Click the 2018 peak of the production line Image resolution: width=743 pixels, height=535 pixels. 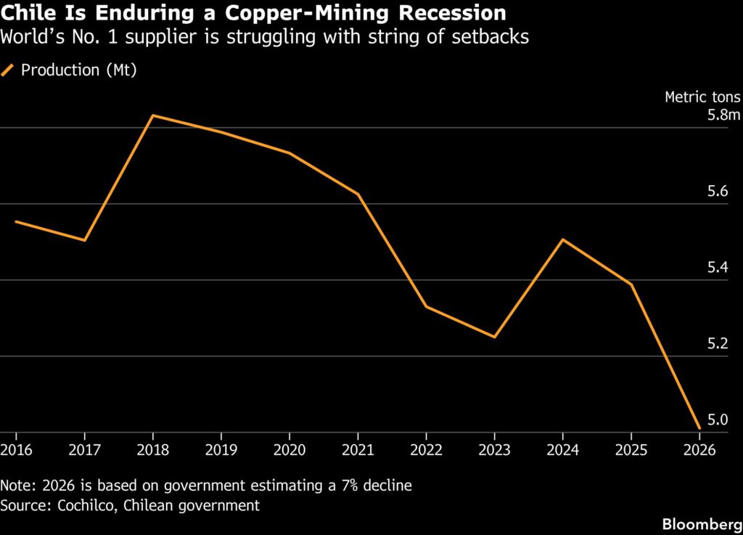pos(152,115)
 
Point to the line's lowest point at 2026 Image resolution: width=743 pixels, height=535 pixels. pos(699,428)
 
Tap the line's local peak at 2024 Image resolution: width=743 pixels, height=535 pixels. pos(562,240)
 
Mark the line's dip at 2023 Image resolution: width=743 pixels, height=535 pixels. pos(494,337)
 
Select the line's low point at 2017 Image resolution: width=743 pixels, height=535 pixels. pos(84,240)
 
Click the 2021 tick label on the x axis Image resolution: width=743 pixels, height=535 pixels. pos(358,449)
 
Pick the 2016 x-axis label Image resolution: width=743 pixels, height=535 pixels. pos(17,449)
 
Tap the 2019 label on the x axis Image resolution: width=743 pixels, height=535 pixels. pos(221,449)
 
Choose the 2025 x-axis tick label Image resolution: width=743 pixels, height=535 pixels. pos(631,449)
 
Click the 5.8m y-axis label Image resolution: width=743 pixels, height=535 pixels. pos(723,115)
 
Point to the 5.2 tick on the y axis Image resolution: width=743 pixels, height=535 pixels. pos(718,343)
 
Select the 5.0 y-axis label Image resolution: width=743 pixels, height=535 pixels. pos(718,420)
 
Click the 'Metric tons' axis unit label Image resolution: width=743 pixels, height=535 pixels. pos(702,97)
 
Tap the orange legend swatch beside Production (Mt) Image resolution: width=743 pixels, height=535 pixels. pos(7,70)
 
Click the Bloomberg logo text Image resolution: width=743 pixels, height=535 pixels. pos(702,524)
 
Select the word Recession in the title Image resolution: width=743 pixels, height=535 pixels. pos(453,13)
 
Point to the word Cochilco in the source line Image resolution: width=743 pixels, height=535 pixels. pos(86,506)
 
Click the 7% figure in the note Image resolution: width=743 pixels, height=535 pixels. pos(350,485)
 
